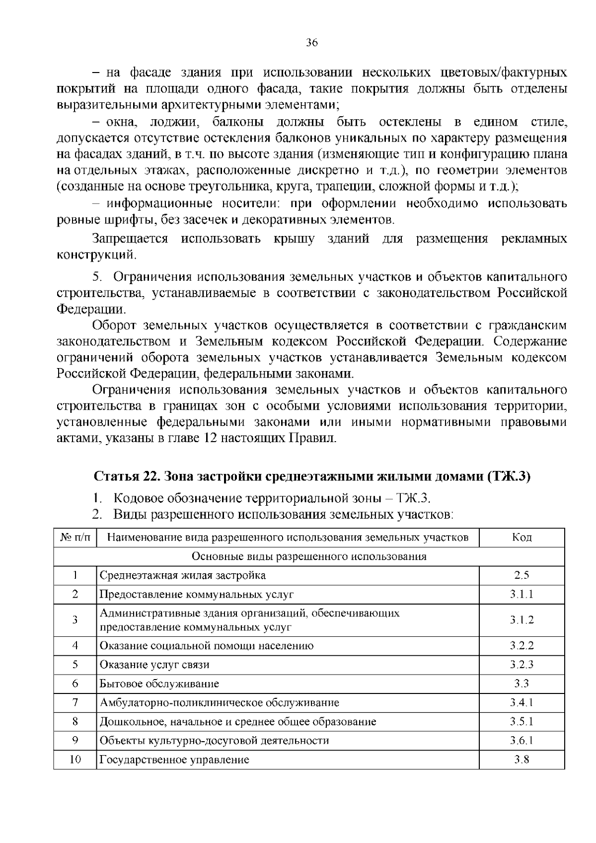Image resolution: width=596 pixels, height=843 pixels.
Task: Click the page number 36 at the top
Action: (311, 43)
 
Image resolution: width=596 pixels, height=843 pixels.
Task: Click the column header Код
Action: (521, 537)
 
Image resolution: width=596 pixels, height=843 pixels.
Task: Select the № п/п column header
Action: (75, 537)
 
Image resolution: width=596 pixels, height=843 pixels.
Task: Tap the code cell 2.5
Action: (521, 575)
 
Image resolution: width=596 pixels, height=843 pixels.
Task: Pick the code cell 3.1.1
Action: (521, 594)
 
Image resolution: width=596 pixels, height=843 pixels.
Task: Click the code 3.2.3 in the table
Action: (521, 665)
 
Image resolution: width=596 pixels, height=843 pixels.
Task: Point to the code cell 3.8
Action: (521, 760)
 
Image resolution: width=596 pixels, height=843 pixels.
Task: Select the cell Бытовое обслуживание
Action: (159, 684)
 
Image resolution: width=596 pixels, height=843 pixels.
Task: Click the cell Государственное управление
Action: (174, 760)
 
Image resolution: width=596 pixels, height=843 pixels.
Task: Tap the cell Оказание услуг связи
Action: (154, 665)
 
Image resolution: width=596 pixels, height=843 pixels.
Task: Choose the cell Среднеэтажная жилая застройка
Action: (183, 575)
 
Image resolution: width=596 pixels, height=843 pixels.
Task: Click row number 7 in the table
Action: (75, 702)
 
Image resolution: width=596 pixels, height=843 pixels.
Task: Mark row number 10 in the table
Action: (75, 760)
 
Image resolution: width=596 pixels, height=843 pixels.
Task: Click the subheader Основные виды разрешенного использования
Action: (309, 556)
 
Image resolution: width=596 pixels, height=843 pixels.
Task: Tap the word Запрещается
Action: (130, 239)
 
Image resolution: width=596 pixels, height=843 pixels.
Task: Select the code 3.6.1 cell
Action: (521, 741)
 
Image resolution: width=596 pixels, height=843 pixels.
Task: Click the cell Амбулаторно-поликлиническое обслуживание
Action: (220, 702)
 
